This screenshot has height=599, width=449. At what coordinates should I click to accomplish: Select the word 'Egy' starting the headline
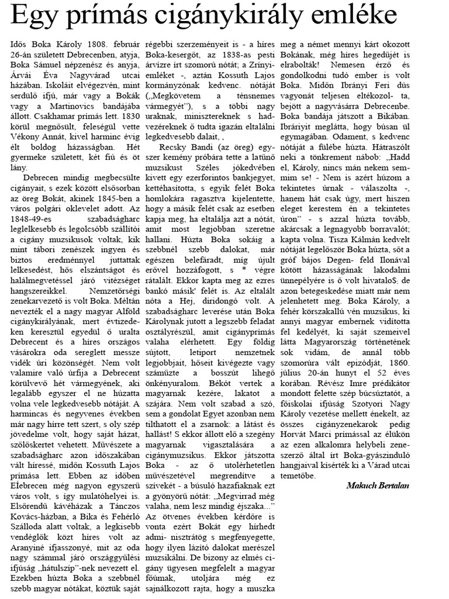point(32,17)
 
